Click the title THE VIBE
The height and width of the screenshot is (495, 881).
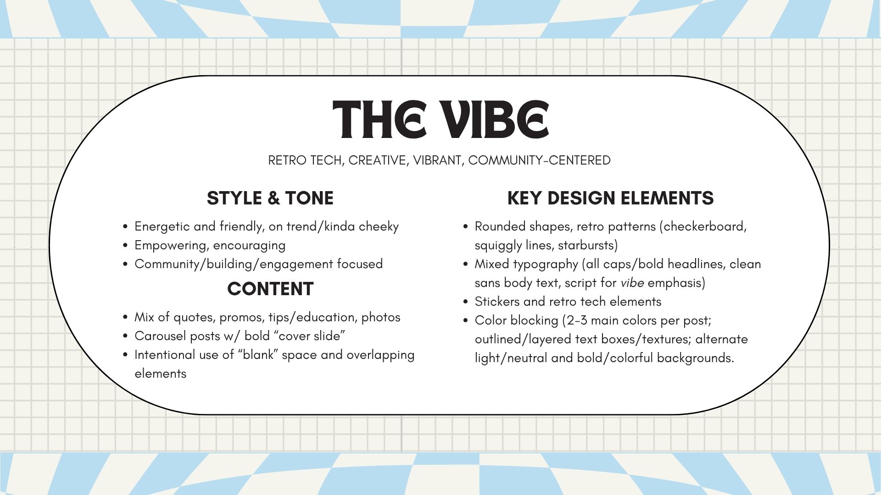tap(440, 120)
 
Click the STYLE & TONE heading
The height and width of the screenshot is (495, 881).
tap(270, 198)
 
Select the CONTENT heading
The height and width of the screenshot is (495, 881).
tap(270, 289)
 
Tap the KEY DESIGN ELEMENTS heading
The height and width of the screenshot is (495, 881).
tap(610, 198)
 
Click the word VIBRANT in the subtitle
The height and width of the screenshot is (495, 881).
tap(437, 161)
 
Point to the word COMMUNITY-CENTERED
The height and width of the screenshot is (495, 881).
tap(539, 160)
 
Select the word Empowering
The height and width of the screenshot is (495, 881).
tap(172, 246)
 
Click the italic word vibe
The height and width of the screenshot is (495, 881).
tap(632, 283)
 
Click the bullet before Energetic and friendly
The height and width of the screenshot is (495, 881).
tap(125, 227)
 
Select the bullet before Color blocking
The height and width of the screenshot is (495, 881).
tap(466, 321)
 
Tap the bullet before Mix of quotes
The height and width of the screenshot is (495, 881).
tap(125, 318)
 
